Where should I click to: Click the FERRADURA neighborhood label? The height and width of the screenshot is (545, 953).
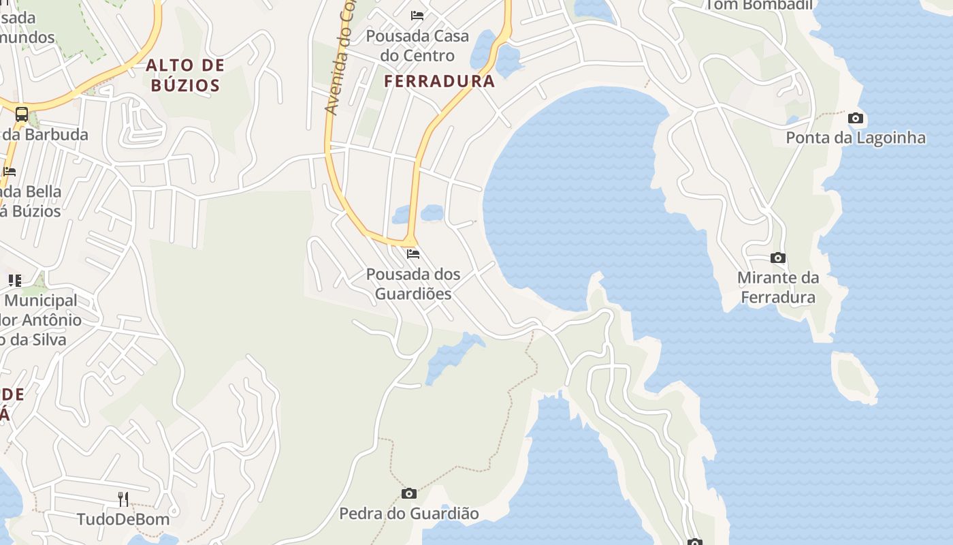(x=439, y=81)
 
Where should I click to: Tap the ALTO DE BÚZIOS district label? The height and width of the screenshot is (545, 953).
(x=185, y=75)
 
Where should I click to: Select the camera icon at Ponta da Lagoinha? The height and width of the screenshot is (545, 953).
(x=856, y=119)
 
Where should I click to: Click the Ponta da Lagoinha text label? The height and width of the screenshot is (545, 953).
(x=856, y=138)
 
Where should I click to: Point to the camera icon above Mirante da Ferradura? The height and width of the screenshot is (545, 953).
(x=778, y=258)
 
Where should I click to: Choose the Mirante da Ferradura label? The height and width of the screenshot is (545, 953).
(x=778, y=287)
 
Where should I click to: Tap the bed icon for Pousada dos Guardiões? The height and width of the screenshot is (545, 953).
(x=413, y=255)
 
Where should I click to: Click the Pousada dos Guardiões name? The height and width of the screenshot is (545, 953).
(x=413, y=284)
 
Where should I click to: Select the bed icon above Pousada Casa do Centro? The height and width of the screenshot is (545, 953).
(x=417, y=16)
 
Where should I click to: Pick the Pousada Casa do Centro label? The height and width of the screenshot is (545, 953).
(x=417, y=45)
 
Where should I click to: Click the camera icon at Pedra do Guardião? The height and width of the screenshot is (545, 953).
(x=409, y=493)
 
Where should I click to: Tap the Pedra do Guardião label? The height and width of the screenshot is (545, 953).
(x=409, y=513)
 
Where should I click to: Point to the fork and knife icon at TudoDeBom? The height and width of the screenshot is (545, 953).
(x=123, y=499)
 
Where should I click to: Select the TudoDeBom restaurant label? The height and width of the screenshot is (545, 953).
(x=123, y=519)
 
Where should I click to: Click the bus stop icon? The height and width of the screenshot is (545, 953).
(x=22, y=114)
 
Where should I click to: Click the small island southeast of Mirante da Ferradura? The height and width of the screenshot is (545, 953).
(x=854, y=377)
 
